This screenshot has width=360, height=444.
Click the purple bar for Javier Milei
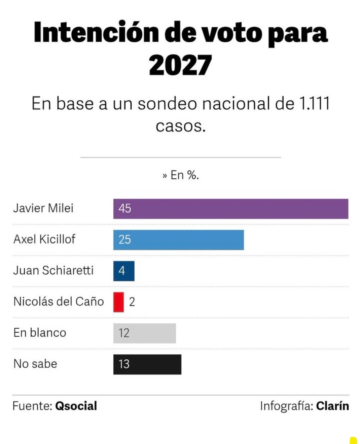pos(231,209)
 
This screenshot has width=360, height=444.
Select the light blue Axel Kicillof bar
pos(178,240)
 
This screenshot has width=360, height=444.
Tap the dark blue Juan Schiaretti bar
pos(124,271)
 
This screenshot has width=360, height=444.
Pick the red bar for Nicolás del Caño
pos(118,302)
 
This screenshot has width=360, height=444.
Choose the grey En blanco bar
pos(144,333)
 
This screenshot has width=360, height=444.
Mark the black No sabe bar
pos(147,364)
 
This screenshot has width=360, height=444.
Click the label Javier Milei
pos(43,208)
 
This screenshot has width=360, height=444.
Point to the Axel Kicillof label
pos(44,239)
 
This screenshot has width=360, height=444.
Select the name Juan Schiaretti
pos(53,270)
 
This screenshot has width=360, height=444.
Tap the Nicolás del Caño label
pos(59,301)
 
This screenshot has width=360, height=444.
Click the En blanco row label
pos(40,333)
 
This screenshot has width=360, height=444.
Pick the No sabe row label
pos(35,364)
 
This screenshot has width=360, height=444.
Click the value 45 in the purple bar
pos(125,209)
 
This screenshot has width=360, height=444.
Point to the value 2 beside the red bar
pos(132,302)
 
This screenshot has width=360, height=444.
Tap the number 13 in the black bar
pos(124,364)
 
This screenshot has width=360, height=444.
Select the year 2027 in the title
pos(180,65)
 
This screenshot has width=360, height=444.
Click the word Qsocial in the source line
pos(76,406)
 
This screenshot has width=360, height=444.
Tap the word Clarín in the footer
pos(332,406)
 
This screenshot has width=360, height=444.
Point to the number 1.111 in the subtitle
pos(314,103)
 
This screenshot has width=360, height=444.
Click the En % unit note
pos(181,175)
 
